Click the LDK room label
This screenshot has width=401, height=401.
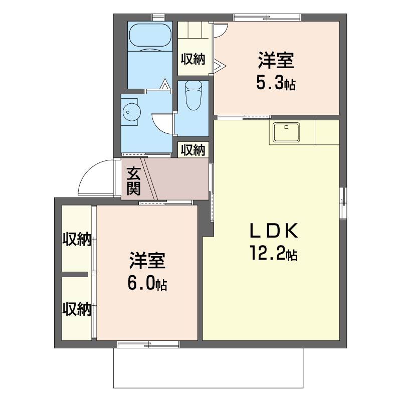(x=274, y=231)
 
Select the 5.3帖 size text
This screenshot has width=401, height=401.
(x=275, y=83)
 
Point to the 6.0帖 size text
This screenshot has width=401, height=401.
(x=147, y=284)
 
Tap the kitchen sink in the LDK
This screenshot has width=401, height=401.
(x=286, y=132)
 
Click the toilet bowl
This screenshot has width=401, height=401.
(x=193, y=96)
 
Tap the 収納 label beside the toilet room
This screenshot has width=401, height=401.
(x=193, y=59)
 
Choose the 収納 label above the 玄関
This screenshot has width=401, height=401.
(x=193, y=149)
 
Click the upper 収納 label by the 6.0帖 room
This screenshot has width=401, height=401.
(x=77, y=240)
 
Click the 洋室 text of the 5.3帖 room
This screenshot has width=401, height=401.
(x=276, y=61)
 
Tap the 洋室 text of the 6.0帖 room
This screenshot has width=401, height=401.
(x=147, y=261)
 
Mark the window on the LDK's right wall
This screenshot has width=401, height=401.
(x=343, y=203)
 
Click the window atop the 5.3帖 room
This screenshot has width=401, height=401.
(x=267, y=18)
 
